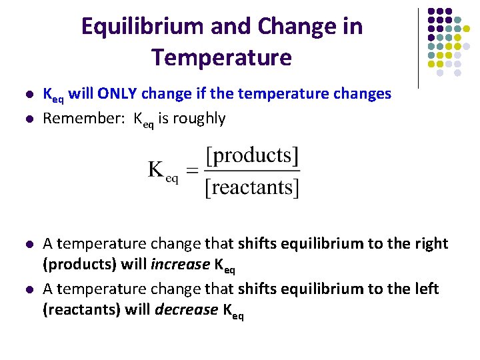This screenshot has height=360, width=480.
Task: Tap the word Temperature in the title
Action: click(221, 57)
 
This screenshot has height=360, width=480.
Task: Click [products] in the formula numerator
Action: click(253, 156)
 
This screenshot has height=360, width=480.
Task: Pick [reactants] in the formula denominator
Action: click(253, 188)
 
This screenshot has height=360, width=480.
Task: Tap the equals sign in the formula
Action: click(191, 171)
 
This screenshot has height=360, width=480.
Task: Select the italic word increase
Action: click(180, 265)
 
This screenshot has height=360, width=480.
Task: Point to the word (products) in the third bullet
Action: click(79, 265)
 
